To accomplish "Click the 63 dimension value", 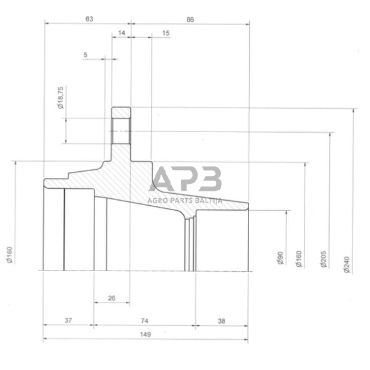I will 89,20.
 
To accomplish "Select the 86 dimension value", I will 190,20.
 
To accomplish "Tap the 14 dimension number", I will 121,32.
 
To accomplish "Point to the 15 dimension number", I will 165,32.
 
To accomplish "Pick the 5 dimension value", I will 85,55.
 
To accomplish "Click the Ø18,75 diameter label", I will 60,99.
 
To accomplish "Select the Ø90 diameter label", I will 279,259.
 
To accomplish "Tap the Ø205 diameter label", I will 323,258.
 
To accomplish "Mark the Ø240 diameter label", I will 347,262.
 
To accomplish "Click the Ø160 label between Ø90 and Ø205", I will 299,259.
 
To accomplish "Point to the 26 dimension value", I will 111,298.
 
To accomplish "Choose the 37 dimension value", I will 69,320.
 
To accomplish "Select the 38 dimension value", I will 221,320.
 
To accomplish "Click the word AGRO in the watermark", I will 156,200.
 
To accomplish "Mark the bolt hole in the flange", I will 121,132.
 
